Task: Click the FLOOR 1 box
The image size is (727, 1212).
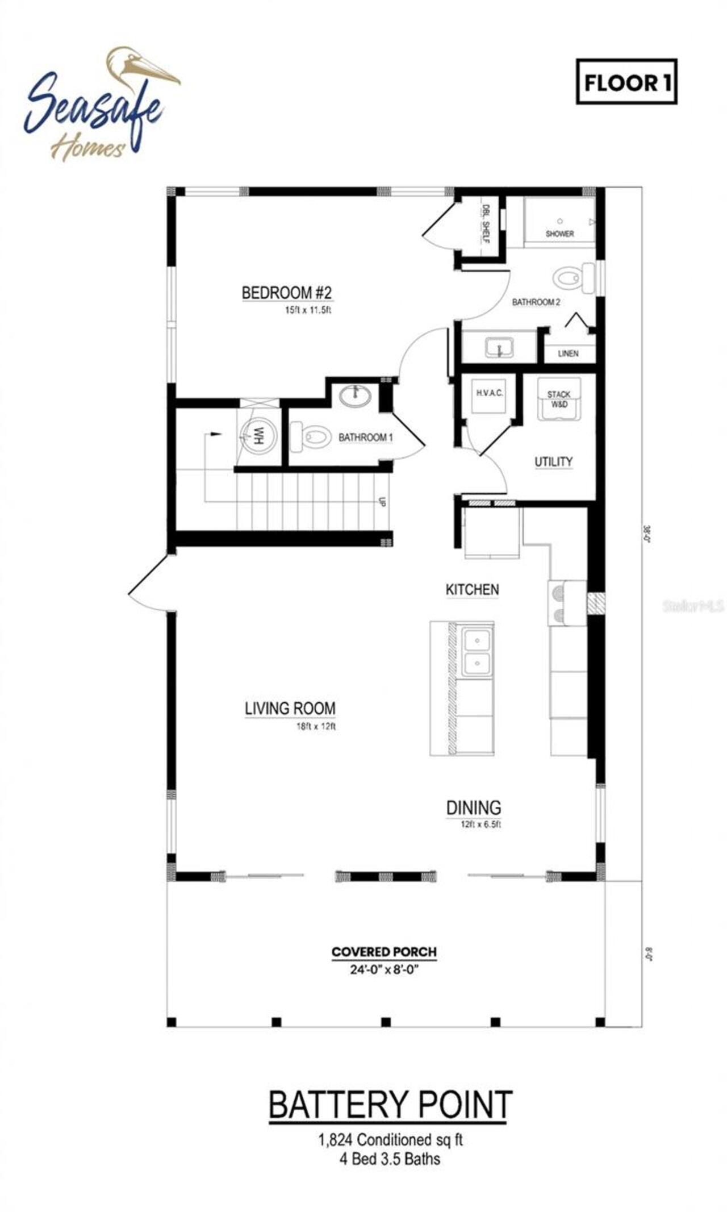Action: [x=626, y=82]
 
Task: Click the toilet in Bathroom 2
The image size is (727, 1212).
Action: [x=571, y=278]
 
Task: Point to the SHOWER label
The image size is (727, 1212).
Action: [x=559, y=234]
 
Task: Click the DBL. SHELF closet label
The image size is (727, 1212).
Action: [x=486, y=224]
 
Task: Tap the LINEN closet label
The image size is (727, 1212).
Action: [x=568, y=353]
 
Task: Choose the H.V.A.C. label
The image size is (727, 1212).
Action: [x=489, y=393]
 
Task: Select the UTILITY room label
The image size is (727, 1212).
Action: [x=553, y=461]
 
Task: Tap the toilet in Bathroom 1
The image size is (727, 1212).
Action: [x=311, y=437]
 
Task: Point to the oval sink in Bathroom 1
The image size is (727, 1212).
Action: [x=356, y=395]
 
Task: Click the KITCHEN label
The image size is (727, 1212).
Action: [x=472, y=590]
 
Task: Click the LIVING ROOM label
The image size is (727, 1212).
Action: [x=290, y=709]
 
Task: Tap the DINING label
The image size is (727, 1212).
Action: [x=473, y=807]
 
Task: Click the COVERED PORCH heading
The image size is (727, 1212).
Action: [x=384, y=952]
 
